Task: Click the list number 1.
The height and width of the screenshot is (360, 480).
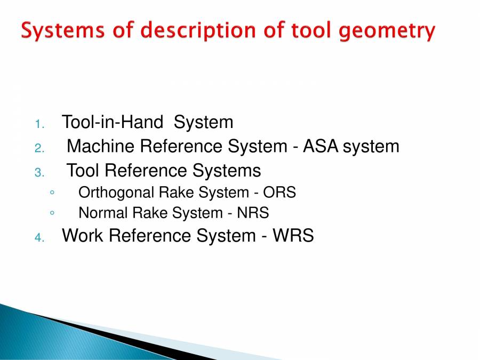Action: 38,124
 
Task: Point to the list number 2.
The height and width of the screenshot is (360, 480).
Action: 38,148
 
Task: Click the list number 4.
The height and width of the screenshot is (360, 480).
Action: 38,237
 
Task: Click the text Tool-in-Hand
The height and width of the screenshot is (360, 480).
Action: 113,123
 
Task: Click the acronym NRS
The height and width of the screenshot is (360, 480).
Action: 253,213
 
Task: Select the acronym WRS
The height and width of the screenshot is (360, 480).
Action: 293,236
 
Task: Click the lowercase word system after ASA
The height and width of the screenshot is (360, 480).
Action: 371,146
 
